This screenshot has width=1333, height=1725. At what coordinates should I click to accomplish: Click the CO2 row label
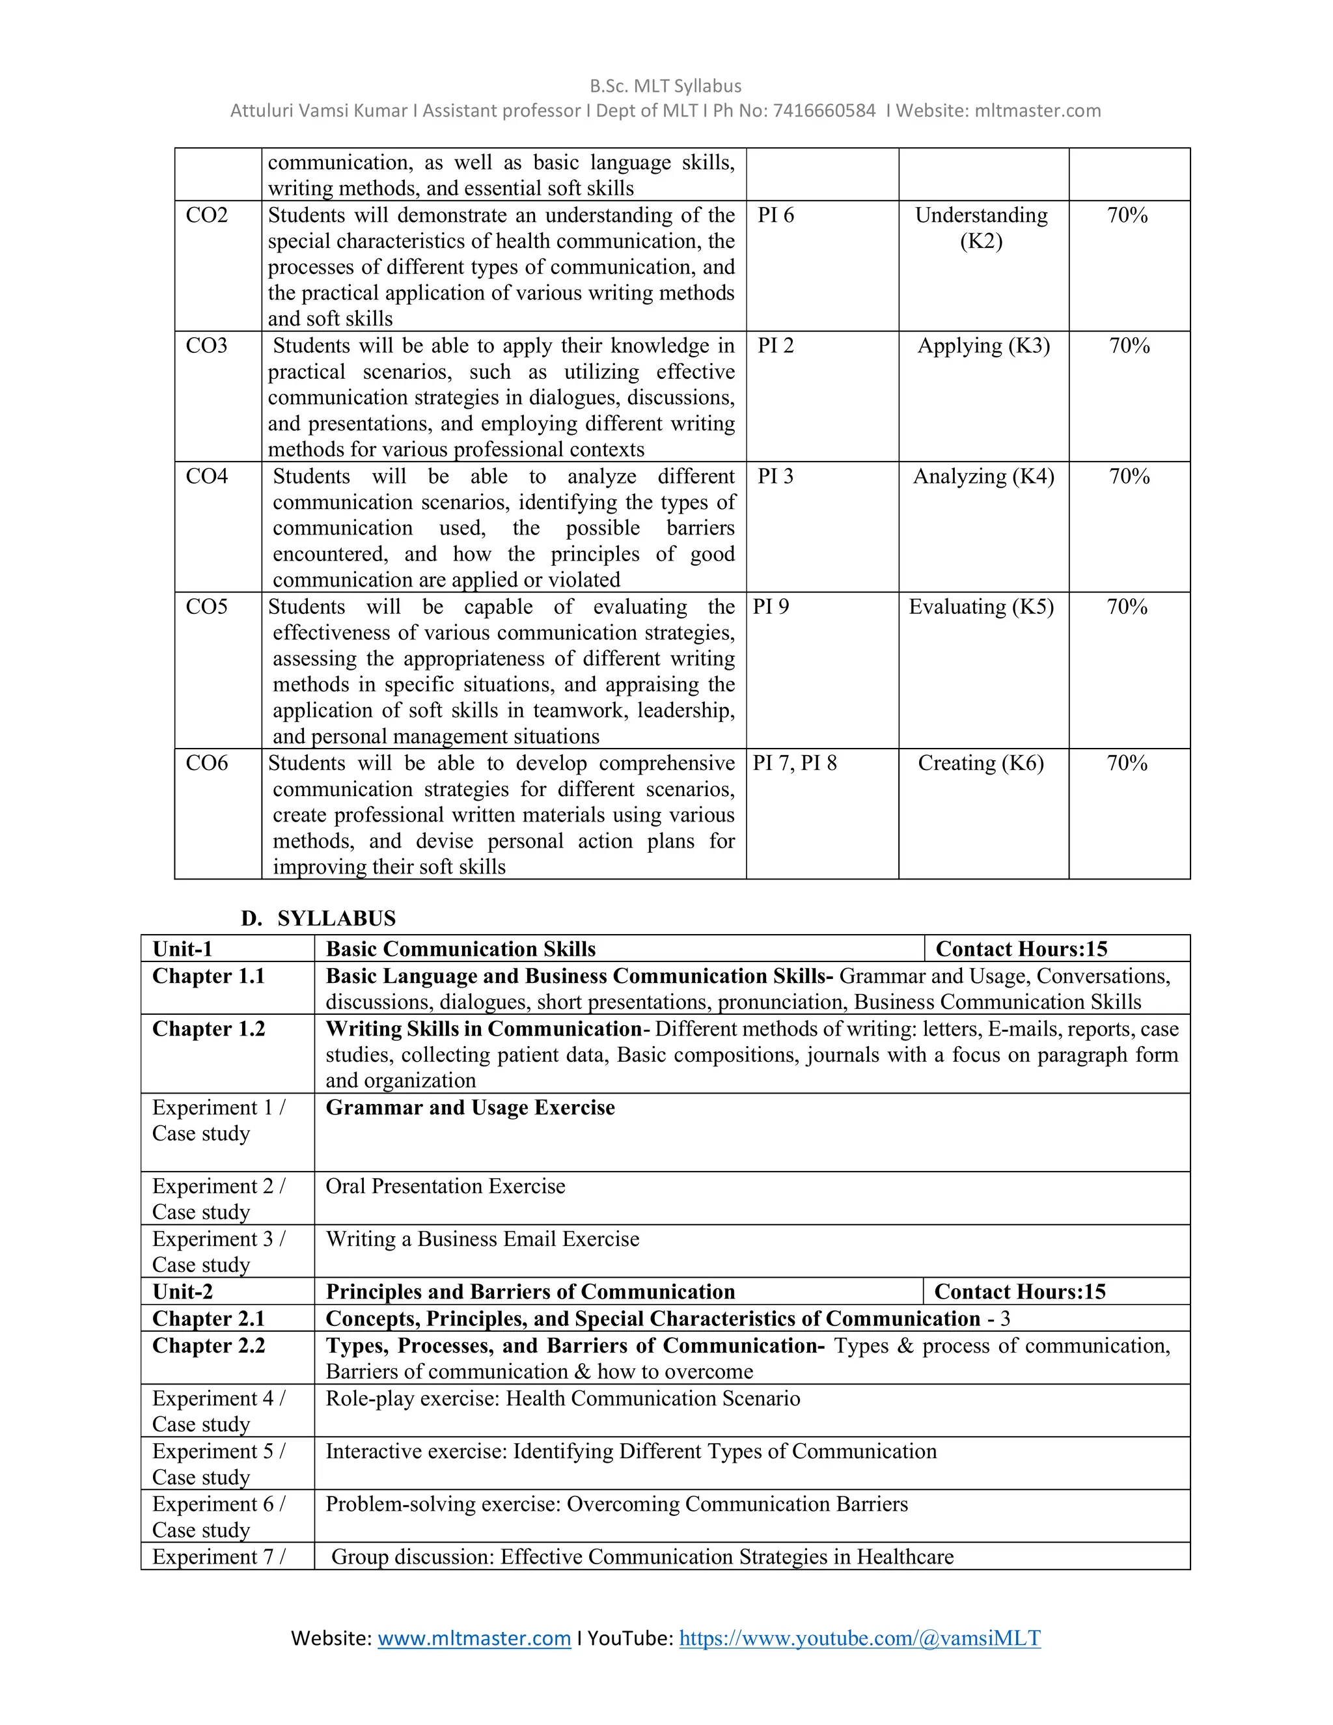pyautogui.click(x=206, y=215)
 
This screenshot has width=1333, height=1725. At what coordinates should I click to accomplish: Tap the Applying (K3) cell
pyautogui.click(x=983, y=346)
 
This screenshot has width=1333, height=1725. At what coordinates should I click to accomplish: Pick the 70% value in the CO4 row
pyautogui.click(x=1129, y=476)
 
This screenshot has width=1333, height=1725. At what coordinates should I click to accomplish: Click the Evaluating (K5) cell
pyautogui.click(x=981, y=607)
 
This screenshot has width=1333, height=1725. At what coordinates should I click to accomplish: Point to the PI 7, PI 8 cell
pyautogui.click(x=795, y=763)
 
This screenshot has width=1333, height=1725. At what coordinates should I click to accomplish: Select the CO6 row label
pyautogui.click(x=206, y=763)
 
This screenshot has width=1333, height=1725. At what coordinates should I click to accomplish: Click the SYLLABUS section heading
pyautogui.click(x=336, y=918)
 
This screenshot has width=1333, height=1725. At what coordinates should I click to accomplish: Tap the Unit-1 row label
pyautogui.click(x=182, y=948)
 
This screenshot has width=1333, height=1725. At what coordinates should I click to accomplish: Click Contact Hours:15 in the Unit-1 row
pyautogui.click(x=1021, y=948)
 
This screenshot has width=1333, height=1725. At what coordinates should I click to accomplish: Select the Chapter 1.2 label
pyautogui.click(x=208, y=1028)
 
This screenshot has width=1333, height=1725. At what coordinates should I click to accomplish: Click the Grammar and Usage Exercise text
pyautogui.click(x=470, y=1107)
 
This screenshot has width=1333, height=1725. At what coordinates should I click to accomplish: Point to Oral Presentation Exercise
pyautogui.click(x=445, y=1186)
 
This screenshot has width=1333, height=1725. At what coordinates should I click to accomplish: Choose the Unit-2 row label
pyautogui.click(x=182, y=1291)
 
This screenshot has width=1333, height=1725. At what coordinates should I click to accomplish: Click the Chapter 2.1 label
pyautogui.click(x=208, y=1318)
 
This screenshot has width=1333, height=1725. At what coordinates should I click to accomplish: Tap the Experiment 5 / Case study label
pyautogui.click(x=219, y=1463)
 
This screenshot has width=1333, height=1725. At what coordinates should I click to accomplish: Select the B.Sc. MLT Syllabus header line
pyautogui.click(x=665, y=86)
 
